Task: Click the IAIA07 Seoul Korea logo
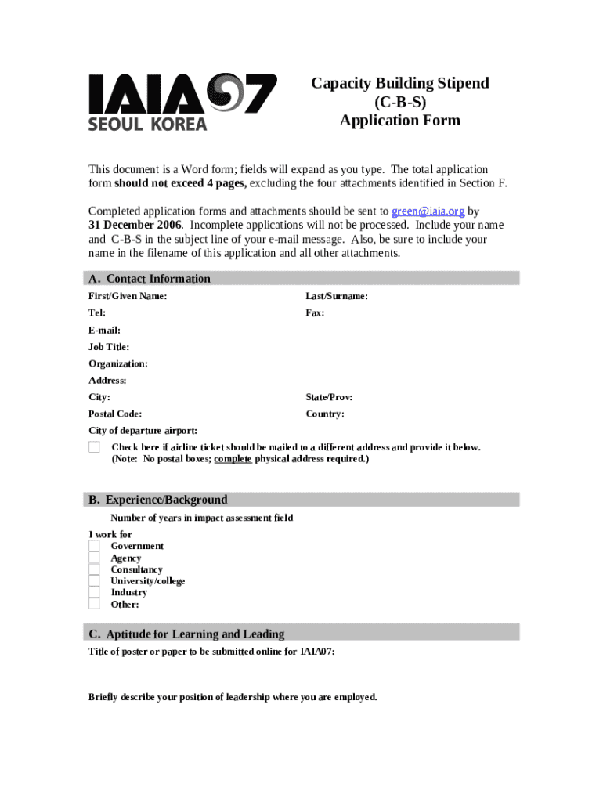[182, 102]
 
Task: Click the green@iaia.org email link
[428, 211]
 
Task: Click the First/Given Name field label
[127, 296]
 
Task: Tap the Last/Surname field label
[337, 296]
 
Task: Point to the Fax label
[315, 313]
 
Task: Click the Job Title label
[109, 347]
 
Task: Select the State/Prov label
[329, 397]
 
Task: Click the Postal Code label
[115, 414]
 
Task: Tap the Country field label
[325, 414]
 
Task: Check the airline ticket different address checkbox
[94, 447]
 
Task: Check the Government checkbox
[94, 546]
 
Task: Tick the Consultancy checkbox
[94, 569]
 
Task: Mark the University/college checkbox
[94, 581]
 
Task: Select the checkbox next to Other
[94, 604]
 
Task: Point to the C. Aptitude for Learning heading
[186, 634]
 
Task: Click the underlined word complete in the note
[233, 459]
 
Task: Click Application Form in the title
[399, 121]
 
